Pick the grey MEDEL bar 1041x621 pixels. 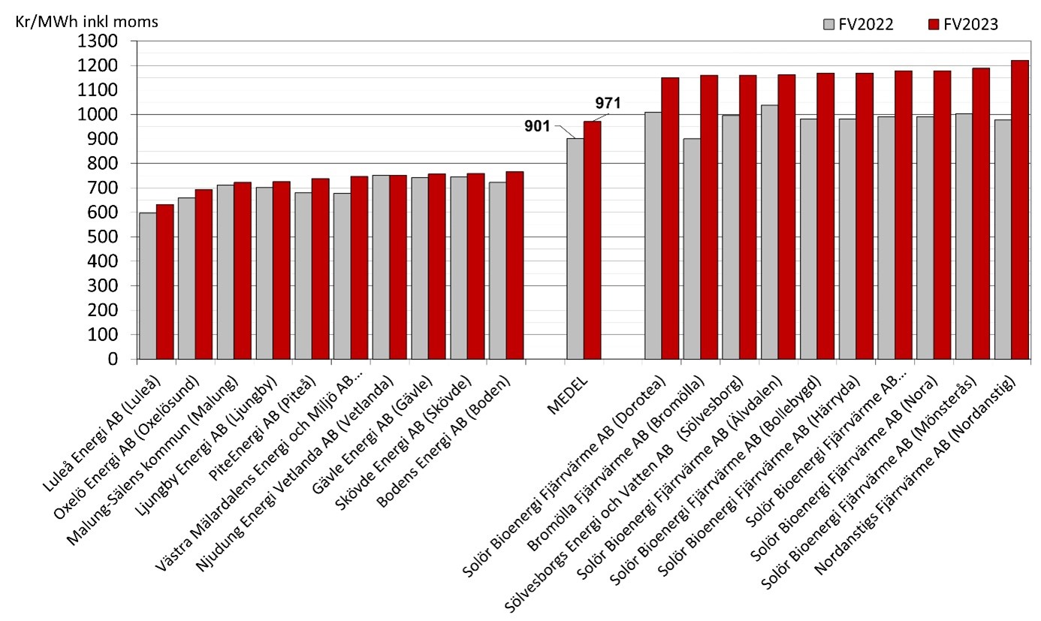pos(575,249)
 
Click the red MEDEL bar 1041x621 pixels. pos(593,240)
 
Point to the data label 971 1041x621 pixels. pos(608,104)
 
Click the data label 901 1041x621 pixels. pos(539,125)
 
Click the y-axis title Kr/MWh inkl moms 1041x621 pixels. pos(86,22)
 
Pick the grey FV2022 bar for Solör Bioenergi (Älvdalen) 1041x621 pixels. pos(770,232)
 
